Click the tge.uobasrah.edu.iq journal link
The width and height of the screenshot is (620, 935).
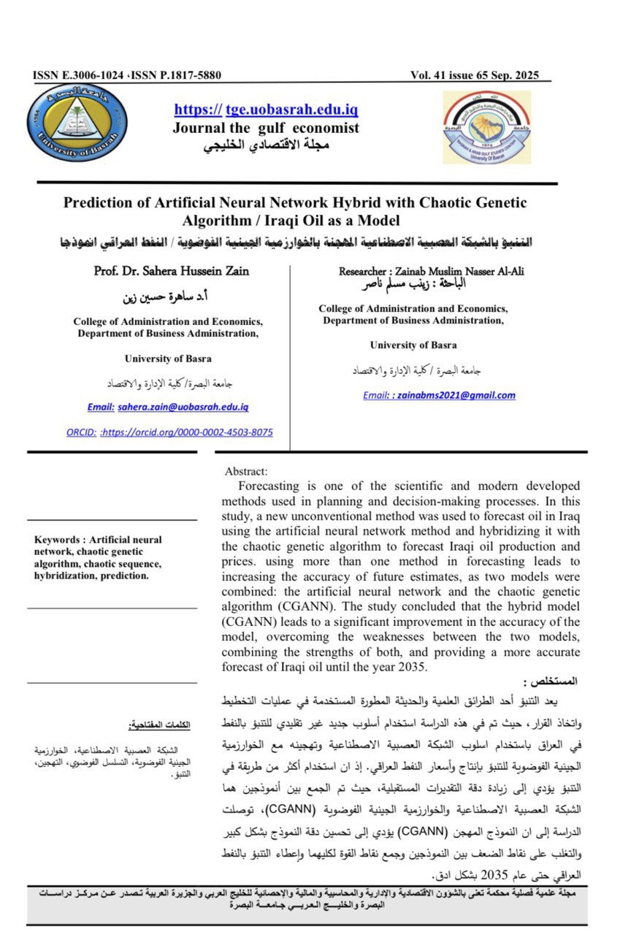tap(291, 110)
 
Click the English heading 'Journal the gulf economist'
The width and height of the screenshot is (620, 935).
tap(266, 128)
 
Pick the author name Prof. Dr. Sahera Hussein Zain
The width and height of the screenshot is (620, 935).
tap(172, 271)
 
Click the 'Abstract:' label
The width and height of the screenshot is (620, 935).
tap(247, 472)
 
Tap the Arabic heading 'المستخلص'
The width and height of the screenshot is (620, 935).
tap(556, 681)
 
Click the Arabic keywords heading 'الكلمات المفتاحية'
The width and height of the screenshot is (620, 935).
tap(159, 725)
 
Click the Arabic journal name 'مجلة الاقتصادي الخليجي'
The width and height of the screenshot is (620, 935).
tap(266, 144)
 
